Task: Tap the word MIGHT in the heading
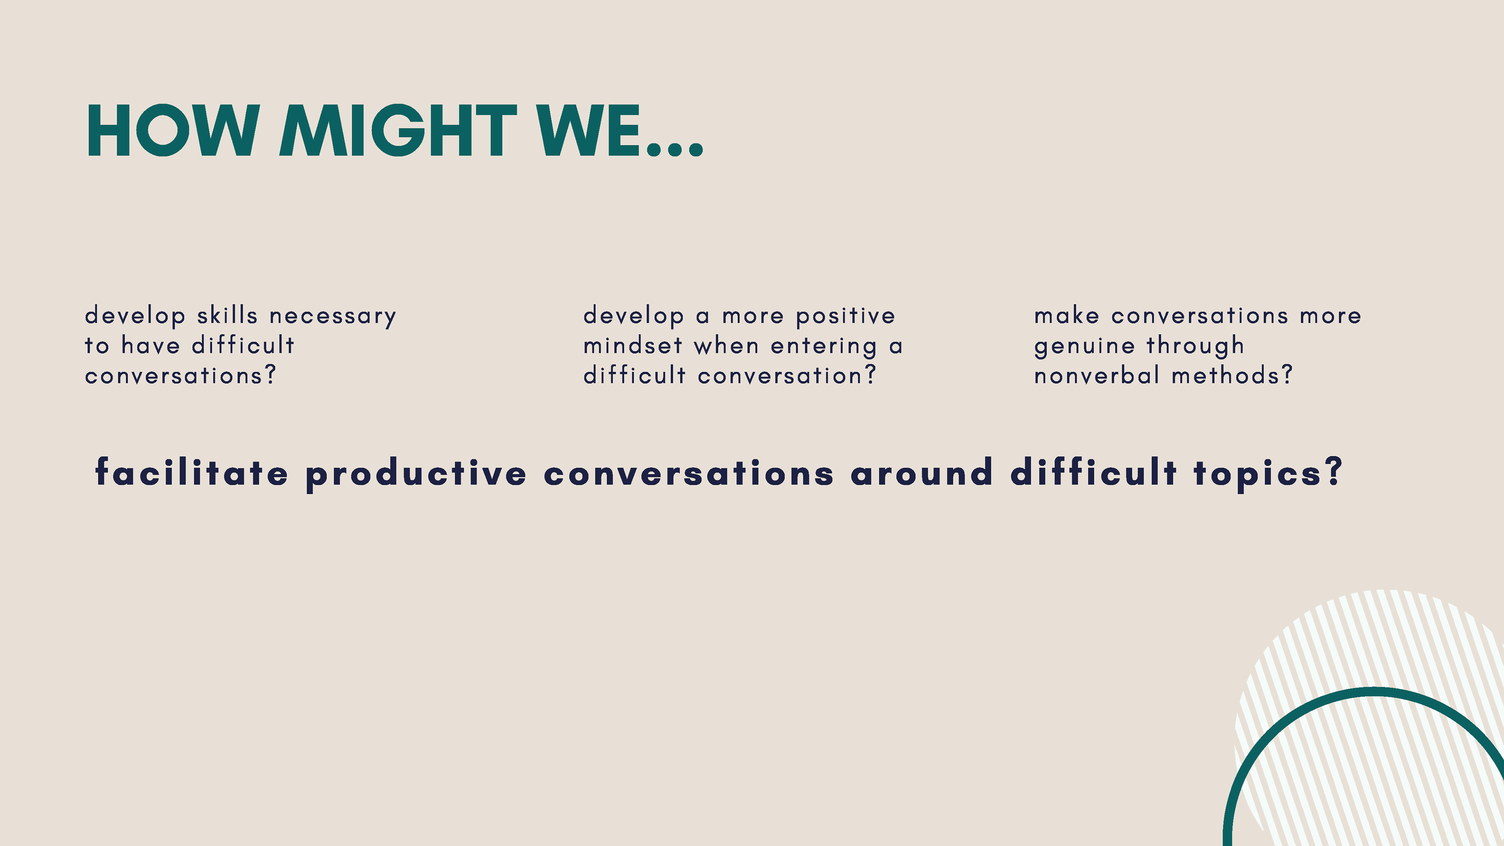398,131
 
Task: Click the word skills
227,315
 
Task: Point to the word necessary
333,317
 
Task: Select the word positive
846,317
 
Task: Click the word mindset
633,345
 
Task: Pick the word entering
824,347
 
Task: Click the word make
1067,315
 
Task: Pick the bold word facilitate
192,472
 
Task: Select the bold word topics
1258,475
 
